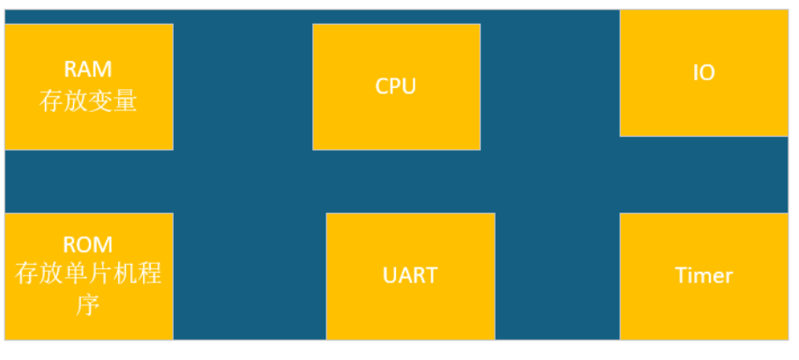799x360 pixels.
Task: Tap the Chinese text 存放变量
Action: pyautogui.click(x=88, y=101)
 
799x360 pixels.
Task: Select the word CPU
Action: pyautogui.click(x=396, y=86)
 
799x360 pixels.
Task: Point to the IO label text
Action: pyautogui.click(x=703, y=73)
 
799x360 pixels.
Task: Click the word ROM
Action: pyautogui.click(x=88, y=244)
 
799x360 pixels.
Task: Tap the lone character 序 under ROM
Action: pyautogui.click(x=88, y=304)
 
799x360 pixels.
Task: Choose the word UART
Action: pyautogui.click(x=410, y=274)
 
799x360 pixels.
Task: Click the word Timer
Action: pyautogui.click(x=704, y=275)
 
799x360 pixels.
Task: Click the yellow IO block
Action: pyautogui.click(x=703, y=110)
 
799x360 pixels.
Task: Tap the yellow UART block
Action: pyautogui.click(x=410, y=309)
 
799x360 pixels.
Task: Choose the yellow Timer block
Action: pyautogui.click(x=704, y=309)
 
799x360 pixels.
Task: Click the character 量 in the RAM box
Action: pyautogui.click(x=126, y=101)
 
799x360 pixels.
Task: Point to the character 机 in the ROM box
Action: pyautogui.click(x=126, y=274)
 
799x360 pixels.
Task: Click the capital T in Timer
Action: pyautogui.click(x=681, y=275)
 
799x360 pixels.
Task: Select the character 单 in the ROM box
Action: pyautogui.click(x=76, y=274)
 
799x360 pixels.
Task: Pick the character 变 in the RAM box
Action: pyautogui.click(x=101, y=101)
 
